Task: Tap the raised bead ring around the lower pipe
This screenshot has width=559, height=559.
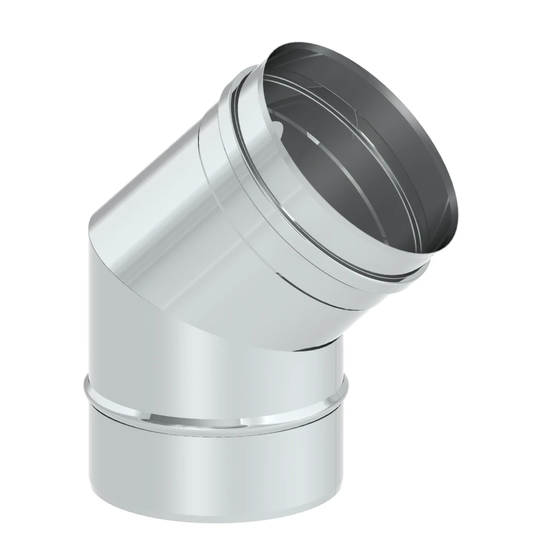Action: [x=217, y=409]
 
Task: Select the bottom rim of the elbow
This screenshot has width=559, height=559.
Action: [x=217, y=518]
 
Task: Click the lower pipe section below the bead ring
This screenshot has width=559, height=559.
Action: [x=217, y=466]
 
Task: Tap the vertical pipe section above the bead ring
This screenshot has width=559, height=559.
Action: [x=155, y=336]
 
